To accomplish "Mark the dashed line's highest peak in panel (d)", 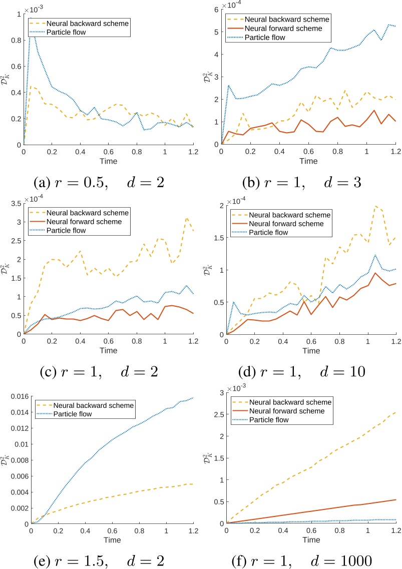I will click(375, 206).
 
